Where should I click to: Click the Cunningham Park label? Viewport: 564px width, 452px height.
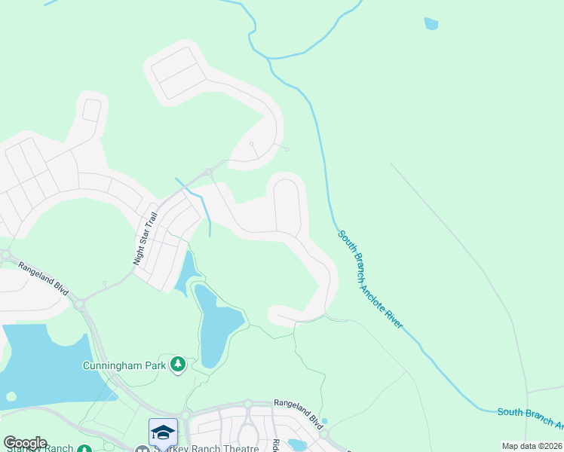click(124, 366)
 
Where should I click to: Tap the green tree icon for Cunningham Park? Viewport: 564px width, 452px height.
click(178, 365)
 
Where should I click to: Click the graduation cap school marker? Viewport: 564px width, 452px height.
click(163, 432)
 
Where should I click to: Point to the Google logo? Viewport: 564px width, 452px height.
click(25, 443)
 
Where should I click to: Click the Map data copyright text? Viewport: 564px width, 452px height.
click(532, 446)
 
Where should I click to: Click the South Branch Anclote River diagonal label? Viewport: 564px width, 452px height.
click(370, 279)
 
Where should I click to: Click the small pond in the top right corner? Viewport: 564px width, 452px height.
click(431, 23)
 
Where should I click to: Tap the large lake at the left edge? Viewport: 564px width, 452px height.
click(45, 362)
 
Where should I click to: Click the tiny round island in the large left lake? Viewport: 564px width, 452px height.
click(11, 396)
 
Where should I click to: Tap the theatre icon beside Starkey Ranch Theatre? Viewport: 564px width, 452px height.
click(140, 450)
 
